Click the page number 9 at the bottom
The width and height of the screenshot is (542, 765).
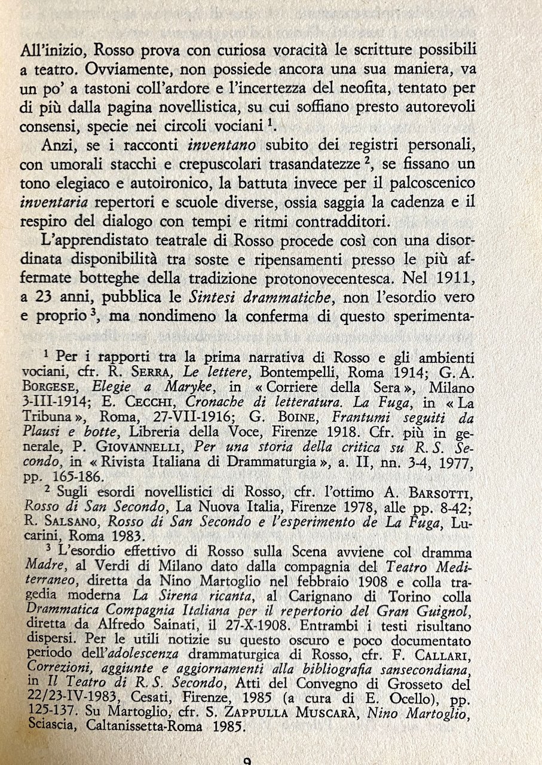[247, 760]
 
